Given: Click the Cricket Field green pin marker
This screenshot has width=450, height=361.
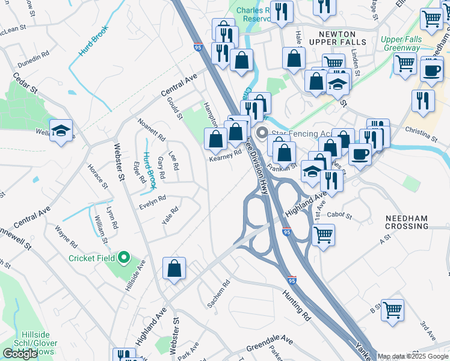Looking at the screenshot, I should coord(125,258).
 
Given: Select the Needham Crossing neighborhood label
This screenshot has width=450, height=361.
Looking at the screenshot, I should coord(407,221).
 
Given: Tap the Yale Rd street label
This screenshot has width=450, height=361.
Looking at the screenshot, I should coord(170,216).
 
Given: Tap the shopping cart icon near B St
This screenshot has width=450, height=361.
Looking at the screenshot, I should coord(392,310).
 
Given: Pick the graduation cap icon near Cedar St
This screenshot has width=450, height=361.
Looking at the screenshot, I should coord(61,131).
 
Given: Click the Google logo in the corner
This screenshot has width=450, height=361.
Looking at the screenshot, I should coord(20,354).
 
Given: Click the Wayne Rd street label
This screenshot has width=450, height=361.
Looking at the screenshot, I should coord(66,237).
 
